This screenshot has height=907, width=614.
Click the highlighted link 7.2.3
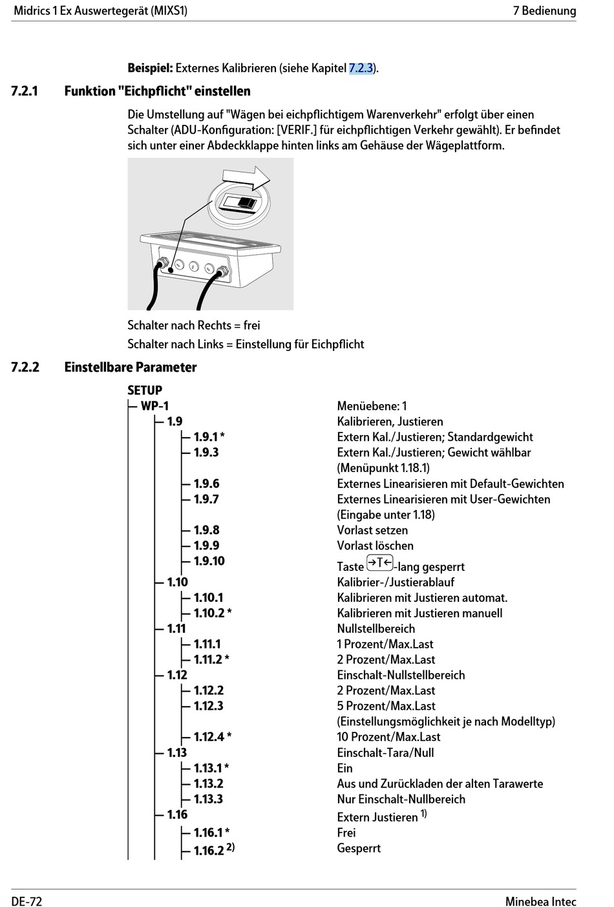point(361,68)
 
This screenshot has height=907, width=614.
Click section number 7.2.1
point(25,91)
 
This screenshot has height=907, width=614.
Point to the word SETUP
point(145,390)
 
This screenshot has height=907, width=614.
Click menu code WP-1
point(154,406)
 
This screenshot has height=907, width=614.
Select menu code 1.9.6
point(206,484)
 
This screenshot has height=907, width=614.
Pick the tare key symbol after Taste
point(379,563)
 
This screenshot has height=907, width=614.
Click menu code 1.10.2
point(209,613)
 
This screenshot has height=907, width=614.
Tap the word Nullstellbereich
point(376,628)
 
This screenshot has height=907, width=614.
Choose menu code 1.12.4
point(209,737)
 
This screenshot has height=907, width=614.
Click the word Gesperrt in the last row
point(359,848)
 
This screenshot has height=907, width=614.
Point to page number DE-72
point(26,901)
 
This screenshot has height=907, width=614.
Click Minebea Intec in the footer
point(540,901)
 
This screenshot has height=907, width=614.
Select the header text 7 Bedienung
point(544,10)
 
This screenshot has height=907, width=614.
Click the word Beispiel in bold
point(150,68)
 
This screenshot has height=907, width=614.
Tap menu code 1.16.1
point(208,833)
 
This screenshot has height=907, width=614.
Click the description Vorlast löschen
point(375,546)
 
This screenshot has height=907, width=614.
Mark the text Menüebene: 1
point(372,406)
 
